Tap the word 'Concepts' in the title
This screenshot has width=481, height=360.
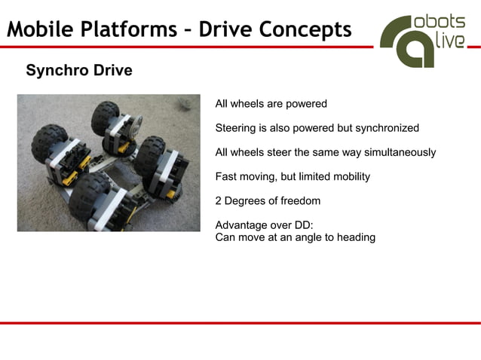(305, 30)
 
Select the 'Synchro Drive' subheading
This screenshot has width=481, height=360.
(79, 71)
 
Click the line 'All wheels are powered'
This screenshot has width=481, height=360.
(271, 104)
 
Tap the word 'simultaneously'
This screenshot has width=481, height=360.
(400, 152)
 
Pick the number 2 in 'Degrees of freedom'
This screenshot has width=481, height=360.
(219, 201)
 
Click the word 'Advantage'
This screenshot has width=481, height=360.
(240, 225)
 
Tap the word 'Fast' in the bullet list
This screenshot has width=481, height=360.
(226, 177)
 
